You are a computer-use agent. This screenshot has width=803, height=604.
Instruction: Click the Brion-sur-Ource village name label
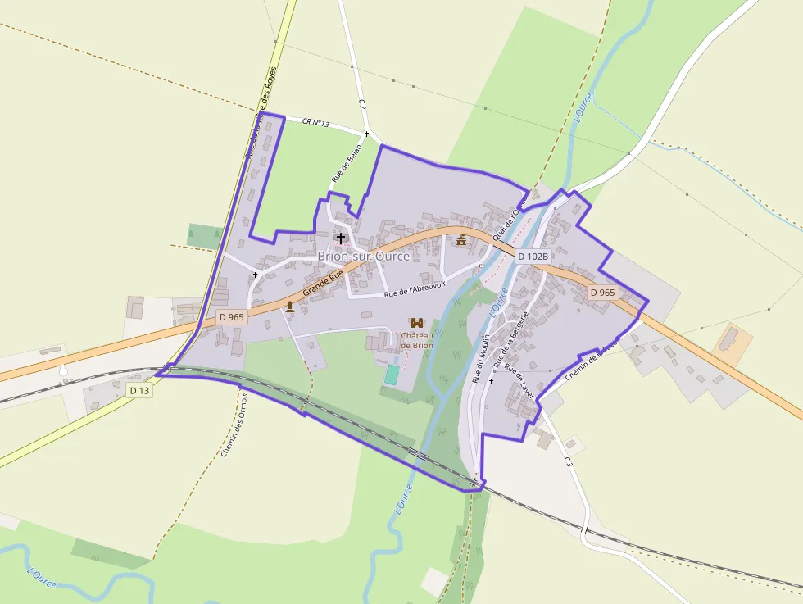[x=363, y=257]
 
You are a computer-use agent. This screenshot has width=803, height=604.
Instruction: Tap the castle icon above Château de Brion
[x=417, y=323]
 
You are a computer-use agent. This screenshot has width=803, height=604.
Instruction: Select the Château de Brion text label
[x=417, y=340]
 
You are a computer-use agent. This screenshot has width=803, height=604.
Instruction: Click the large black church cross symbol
[x=341, y=238]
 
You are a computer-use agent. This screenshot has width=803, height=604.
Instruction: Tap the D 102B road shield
[x=533, y=256]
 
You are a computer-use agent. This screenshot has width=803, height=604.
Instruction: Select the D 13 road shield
[x=139, y=391]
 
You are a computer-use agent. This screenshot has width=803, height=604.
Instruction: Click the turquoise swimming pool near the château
[x=393, y=375]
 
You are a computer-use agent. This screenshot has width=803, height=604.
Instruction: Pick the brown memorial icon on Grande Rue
[x=289, y=307]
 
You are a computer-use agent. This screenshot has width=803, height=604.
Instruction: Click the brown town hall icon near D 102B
[x=461, y=239]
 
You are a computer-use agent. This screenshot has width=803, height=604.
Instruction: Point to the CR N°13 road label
[x=315, y=123]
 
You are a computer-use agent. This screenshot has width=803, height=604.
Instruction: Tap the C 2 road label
[x=361, y=104]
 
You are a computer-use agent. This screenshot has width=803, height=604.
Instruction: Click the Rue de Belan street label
[x=347, y=163]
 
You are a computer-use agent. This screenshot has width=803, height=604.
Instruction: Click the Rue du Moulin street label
[x=481, y=359]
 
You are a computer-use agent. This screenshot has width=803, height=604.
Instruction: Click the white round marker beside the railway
[x=63, y=371]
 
